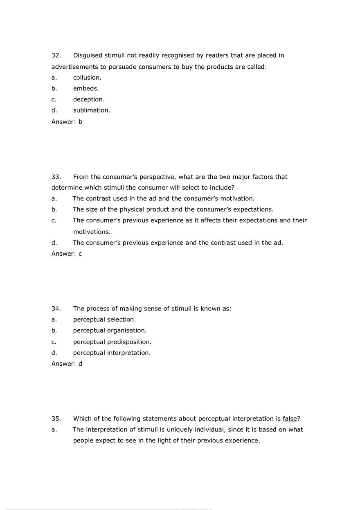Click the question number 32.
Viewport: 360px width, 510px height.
[56, 55]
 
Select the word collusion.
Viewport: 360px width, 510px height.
[87, 77]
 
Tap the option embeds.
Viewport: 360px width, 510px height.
[86, 88]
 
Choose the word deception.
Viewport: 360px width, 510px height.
[89, 99]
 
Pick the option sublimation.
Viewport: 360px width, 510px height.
[92, 110]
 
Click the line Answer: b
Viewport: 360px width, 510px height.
[67, 121]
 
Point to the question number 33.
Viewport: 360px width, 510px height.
[56, 177]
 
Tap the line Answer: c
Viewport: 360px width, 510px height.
[67, 254]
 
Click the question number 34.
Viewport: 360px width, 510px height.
[56, 308]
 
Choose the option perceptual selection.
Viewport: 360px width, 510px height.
[104, 319]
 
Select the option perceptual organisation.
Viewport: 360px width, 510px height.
[110, 330]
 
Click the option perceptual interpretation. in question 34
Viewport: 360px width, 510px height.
[112, 353]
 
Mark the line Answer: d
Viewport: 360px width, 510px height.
[67, 364]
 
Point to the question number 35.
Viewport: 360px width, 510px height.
[56, 419]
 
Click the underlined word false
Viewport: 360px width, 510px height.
[290, 419]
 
